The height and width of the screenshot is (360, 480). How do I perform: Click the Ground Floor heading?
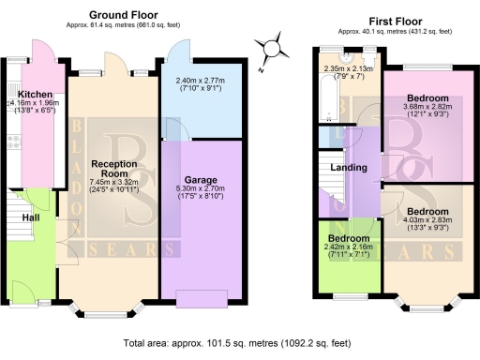123,15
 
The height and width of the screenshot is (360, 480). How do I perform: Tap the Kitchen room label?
33,95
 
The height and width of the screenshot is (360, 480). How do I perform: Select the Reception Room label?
115,169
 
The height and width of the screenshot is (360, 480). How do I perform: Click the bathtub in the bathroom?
327,103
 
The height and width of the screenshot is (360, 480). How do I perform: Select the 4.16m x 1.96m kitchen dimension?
33,108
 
